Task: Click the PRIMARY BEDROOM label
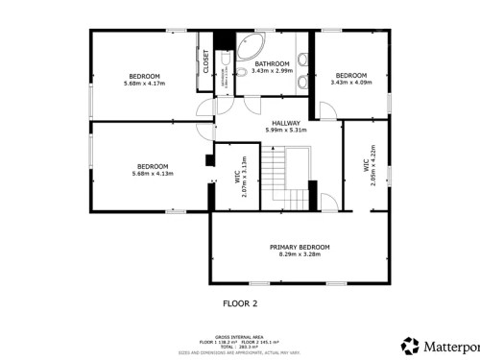[x=295, y=247]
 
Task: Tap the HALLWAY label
[x=286, y=123]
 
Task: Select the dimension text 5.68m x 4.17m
[x=145, y=84]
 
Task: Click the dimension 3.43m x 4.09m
[x=350, y=83]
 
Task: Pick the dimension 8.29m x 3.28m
[x=295, y=254]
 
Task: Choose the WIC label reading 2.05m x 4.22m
[x=369, y=164]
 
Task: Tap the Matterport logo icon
[x=410, y=344]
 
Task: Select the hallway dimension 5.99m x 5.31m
[x=286, y=131]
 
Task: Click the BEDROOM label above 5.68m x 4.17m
[x=145, y=76]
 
